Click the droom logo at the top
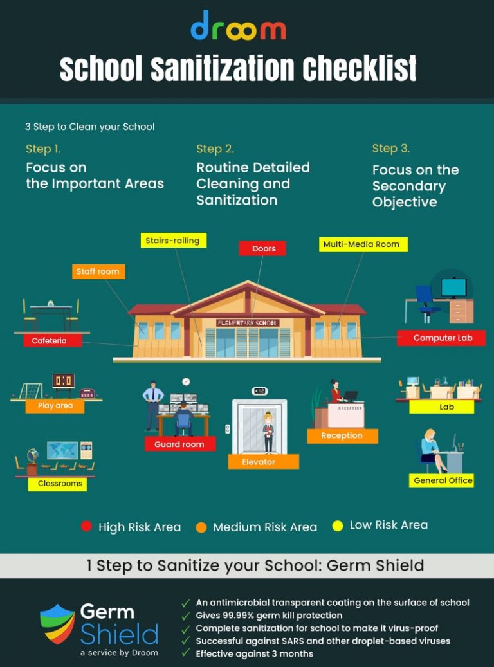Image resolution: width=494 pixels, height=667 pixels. pos(239,26)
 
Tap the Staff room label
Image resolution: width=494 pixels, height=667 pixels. pos(98,271)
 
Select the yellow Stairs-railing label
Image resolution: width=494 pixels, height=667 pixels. pos(173,241)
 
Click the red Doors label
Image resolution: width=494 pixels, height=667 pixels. pos(262,248)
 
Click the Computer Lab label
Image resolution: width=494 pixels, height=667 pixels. pos(442,338)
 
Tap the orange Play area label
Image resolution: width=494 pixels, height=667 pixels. pos(55,406)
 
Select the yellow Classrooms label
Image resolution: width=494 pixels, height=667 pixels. pos(60,484)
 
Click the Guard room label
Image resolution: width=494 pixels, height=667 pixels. pos(179,444)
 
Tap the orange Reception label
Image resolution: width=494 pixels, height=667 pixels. pos(342,435)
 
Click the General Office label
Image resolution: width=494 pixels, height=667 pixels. pos(443,480)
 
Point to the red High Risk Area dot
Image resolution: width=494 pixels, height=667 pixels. pos(86,527)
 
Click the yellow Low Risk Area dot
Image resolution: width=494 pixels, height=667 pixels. pos(337,526)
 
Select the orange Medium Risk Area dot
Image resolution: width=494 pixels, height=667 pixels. pos(201,527)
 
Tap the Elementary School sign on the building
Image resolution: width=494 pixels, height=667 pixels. pos(248,322)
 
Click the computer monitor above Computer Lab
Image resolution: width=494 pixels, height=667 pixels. pos(453,287)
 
